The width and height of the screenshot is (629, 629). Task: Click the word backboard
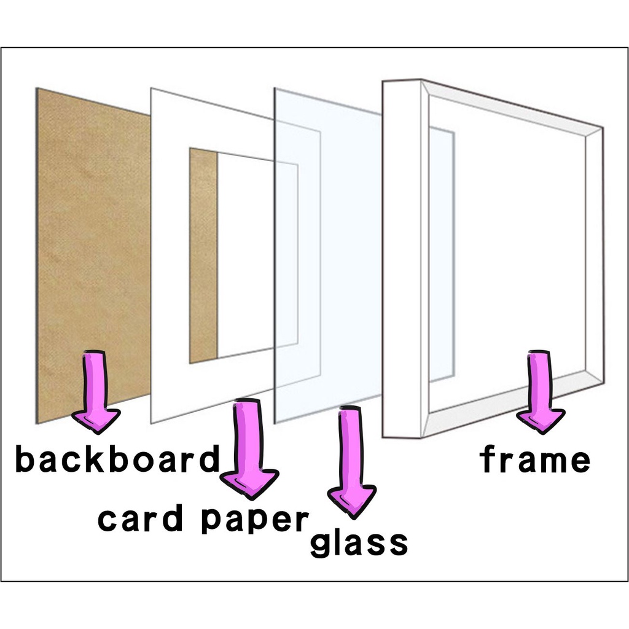pos(117,459)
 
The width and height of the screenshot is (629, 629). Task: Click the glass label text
pos(359,542)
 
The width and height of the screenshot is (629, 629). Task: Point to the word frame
pos(534,459)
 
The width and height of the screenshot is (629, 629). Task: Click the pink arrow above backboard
pos(96,391)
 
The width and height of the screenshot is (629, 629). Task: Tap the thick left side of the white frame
pos(402,258)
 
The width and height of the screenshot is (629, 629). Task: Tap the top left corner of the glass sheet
pos(276,90)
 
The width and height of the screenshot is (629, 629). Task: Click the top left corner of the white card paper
pos(152,89)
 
